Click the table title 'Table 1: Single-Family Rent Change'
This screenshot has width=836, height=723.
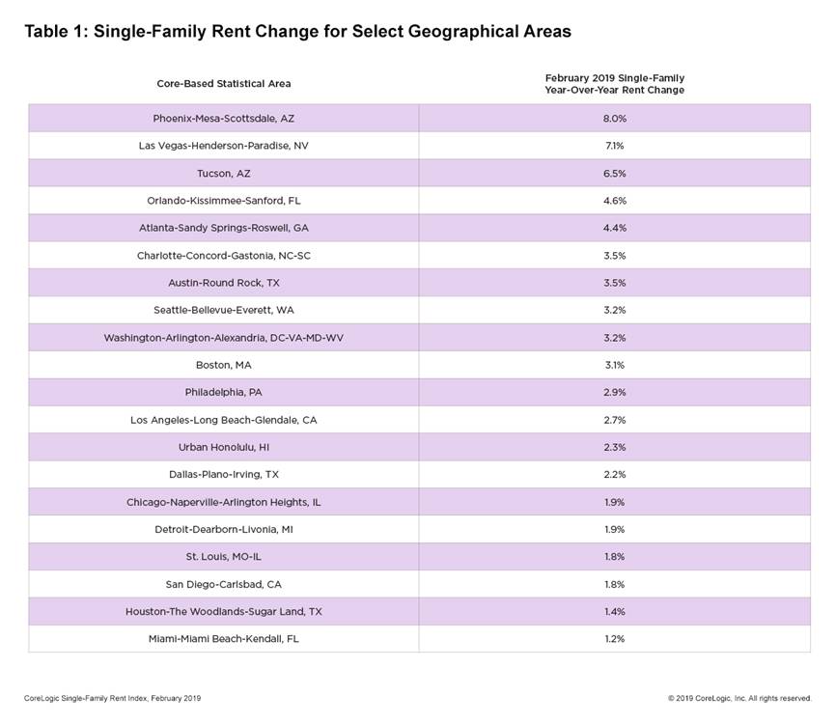coord(297,32)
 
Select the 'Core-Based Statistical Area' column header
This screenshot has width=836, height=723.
coord(223,84)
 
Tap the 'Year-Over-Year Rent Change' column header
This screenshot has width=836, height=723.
coord(614,83)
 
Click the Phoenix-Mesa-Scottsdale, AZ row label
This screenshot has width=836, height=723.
coord(223,118)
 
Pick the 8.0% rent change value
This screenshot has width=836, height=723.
coord(614,118)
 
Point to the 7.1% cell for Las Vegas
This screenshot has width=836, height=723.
coord(614,146)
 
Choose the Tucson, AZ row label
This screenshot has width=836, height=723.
coord(223,173)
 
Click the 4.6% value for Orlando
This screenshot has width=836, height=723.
coord(614,201)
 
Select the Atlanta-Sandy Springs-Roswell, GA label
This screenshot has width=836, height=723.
coord(223,228)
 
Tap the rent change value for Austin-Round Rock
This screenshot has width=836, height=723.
coord(614,283)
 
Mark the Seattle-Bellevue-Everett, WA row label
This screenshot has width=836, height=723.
coord(223,310)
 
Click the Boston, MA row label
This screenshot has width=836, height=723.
coord(223,365)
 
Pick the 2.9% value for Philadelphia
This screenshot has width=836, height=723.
coord(614,392)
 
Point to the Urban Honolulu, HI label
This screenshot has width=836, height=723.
coord(223,447)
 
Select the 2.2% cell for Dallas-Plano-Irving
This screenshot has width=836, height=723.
coord(614,475)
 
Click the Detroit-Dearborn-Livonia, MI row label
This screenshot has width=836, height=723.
coord(223,529)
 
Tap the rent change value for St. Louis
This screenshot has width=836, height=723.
coord(614,557)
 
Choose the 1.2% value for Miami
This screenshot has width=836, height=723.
coord(614,639)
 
